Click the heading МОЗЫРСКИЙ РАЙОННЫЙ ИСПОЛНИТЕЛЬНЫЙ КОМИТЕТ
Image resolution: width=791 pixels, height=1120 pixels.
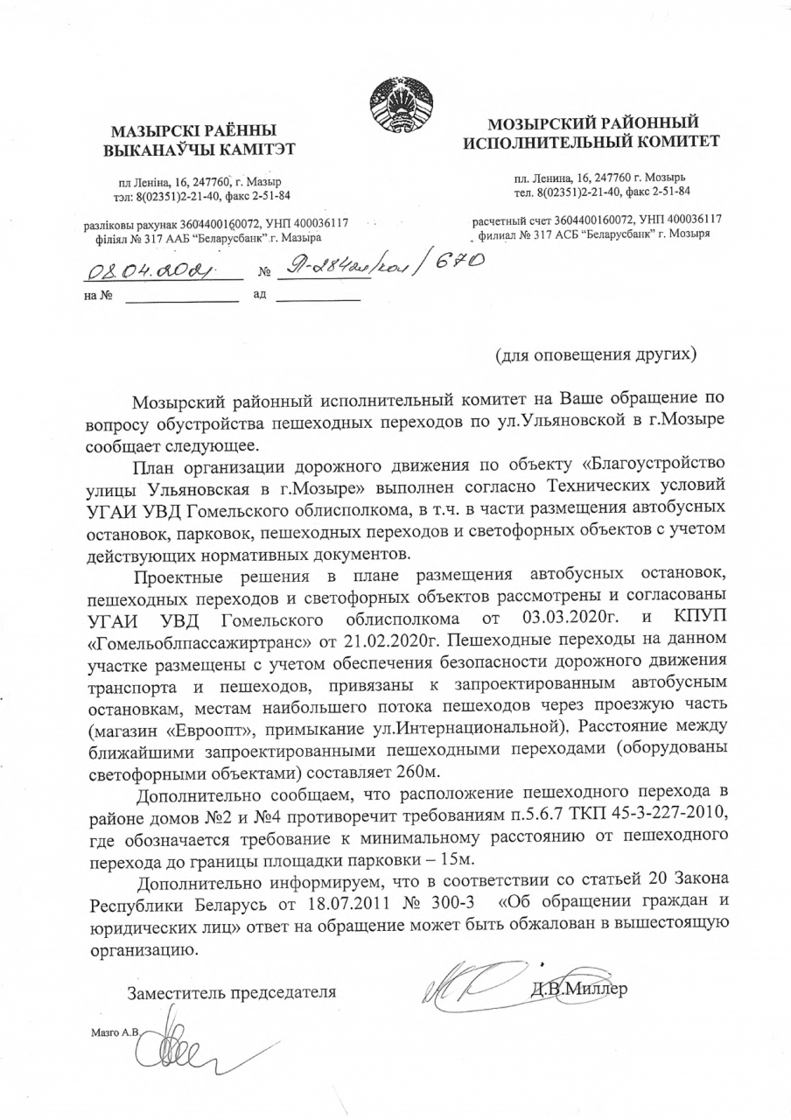tap(592, 131)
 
